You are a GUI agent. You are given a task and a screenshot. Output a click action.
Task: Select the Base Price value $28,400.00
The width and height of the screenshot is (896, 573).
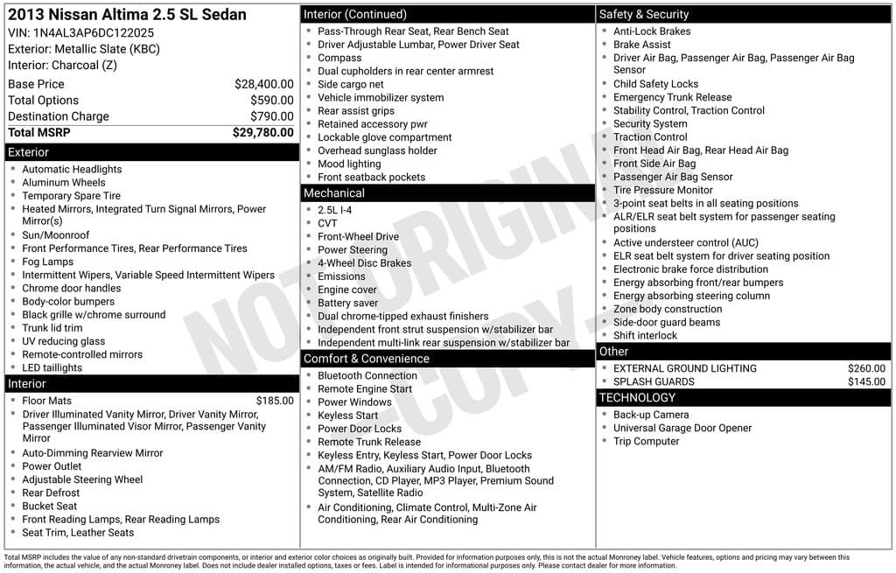[263, 84]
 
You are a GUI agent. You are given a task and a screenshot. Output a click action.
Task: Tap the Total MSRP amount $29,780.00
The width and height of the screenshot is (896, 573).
[262, 133]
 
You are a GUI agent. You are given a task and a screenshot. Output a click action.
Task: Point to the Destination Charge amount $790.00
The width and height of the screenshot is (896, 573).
[271, 116]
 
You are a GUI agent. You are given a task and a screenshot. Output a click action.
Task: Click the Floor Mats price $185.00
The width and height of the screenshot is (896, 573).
[275, 401]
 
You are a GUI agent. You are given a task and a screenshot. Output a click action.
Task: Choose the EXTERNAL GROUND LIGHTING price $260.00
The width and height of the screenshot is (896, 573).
[866, 368]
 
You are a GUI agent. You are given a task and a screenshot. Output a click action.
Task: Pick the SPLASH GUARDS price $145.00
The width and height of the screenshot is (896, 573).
[866, 381]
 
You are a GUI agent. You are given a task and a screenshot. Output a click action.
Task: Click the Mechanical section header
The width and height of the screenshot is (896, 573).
[333, 193]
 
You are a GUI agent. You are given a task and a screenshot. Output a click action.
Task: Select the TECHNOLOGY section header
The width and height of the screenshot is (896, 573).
[637, 398]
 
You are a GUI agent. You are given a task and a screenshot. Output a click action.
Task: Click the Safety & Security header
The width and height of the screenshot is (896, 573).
[643, 14]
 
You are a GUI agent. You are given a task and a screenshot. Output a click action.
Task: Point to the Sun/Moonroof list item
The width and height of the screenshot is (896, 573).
[55, 235]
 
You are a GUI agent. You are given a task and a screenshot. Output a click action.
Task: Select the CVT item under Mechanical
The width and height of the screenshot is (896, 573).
[327, 223]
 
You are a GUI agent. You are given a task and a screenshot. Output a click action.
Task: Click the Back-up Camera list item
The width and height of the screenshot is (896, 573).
[650, 415]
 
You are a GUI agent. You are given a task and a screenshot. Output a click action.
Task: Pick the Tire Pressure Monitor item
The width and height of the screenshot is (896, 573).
[662, 190]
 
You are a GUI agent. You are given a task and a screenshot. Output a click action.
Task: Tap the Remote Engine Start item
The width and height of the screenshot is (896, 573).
[364, 389]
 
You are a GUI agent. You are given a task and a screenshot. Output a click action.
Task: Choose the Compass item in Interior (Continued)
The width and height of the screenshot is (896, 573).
[339, 58]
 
